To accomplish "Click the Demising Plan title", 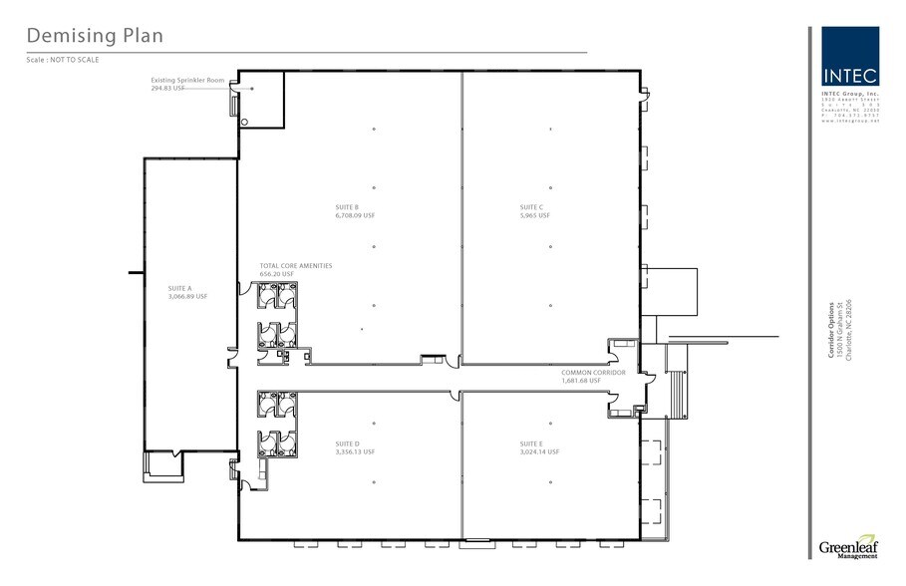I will pos(94,36).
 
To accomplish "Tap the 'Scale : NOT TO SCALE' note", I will pos(63,60).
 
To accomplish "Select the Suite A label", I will pos(180,288).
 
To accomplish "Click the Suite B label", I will pos(347,207).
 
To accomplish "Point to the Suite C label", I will pos(531,207).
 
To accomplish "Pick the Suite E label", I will pos(531,443).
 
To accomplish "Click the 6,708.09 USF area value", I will pos(355,215).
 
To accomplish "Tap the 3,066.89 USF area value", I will pos(187,296).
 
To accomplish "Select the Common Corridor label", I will pos(593,372).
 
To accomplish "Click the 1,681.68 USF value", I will pos(581,380).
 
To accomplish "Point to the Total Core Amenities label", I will pos(295,265).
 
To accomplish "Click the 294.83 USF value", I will pos(167,88).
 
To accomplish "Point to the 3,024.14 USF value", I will pos(539,451).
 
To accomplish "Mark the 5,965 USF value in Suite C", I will pos(535,215).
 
